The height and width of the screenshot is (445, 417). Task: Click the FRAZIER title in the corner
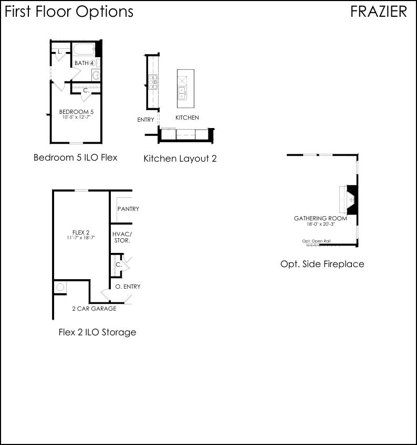click(378, 12)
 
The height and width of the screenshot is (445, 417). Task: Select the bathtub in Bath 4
click(84, 50)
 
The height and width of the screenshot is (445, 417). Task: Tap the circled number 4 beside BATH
click(92, 63)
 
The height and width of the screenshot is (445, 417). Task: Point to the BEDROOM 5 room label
click(76, 112)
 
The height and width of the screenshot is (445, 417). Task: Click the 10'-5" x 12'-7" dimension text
click(76, 117)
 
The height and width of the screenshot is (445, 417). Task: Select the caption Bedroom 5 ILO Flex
click(75, 157)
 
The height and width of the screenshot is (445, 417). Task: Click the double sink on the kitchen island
click(182, 92)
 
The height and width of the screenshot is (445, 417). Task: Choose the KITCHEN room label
click(187, 118)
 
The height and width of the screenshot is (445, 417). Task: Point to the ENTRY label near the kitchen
click(145, 120)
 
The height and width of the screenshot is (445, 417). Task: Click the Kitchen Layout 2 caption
click(180, 158)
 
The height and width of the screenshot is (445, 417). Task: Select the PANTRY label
click(128, 209)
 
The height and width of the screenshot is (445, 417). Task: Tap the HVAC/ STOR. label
click(122, 237)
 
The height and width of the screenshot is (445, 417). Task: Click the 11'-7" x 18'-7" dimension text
click(81, 238)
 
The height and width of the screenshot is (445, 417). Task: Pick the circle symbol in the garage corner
click(60, 287)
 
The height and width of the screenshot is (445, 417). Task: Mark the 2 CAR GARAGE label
click(94, 309)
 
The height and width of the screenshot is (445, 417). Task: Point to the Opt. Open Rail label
click(316, 241)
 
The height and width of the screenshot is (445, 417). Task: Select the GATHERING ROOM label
click(320, 218)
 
